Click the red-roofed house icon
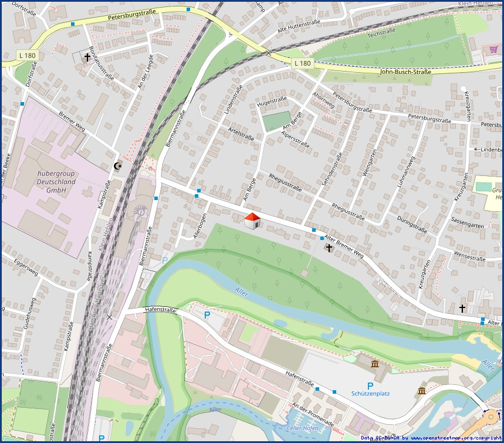coord(252,221)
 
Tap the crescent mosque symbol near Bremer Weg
coord(118,166)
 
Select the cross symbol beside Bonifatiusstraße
coord(87,58)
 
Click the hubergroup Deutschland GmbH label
coord(56,181)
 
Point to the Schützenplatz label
coord(370,394)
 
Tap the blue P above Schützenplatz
coord(370,385)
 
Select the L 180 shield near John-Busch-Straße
coord(302,63)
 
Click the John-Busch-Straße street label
coord(405,72)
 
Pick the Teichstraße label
coord(381,34)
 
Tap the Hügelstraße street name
coord(272,102)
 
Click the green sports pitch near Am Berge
coord(276,121)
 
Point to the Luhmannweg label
coord(405,171)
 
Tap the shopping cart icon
coord(486,50)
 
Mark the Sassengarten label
coord(467,225)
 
